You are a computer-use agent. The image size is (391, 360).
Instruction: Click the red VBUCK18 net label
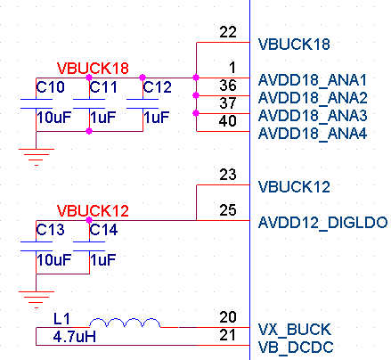(93, 69)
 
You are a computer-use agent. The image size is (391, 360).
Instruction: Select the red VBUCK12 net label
(93, 211)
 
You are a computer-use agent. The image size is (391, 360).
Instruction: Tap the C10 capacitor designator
(50, 87)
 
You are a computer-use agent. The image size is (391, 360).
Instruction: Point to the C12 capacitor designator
(157, 87)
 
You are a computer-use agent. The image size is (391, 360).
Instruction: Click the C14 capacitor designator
(103, 230)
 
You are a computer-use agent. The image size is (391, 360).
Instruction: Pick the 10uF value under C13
(54, 260)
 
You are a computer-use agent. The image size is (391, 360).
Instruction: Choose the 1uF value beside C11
(102, 118)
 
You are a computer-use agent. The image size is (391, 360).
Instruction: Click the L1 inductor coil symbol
(125, 323)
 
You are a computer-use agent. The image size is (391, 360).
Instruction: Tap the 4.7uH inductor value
(75, 337)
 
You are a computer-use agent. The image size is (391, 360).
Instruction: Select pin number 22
(228, 32)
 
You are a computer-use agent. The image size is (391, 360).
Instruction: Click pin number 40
(228, 121)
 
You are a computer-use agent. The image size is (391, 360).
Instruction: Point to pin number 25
(228, 210)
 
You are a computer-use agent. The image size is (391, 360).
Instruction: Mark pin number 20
(228, 317)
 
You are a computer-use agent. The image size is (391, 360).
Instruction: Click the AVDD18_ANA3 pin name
(313, 116)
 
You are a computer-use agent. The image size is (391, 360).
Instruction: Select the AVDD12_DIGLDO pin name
(323, 223)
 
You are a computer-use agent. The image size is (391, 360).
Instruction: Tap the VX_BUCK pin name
(295, 330)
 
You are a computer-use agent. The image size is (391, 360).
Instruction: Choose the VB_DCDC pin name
(296, 348)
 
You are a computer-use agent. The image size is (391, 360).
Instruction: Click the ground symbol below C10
(37, 157)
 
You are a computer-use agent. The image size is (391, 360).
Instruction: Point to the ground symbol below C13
(37, 299)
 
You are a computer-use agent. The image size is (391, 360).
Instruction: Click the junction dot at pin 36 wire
(196, 95)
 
